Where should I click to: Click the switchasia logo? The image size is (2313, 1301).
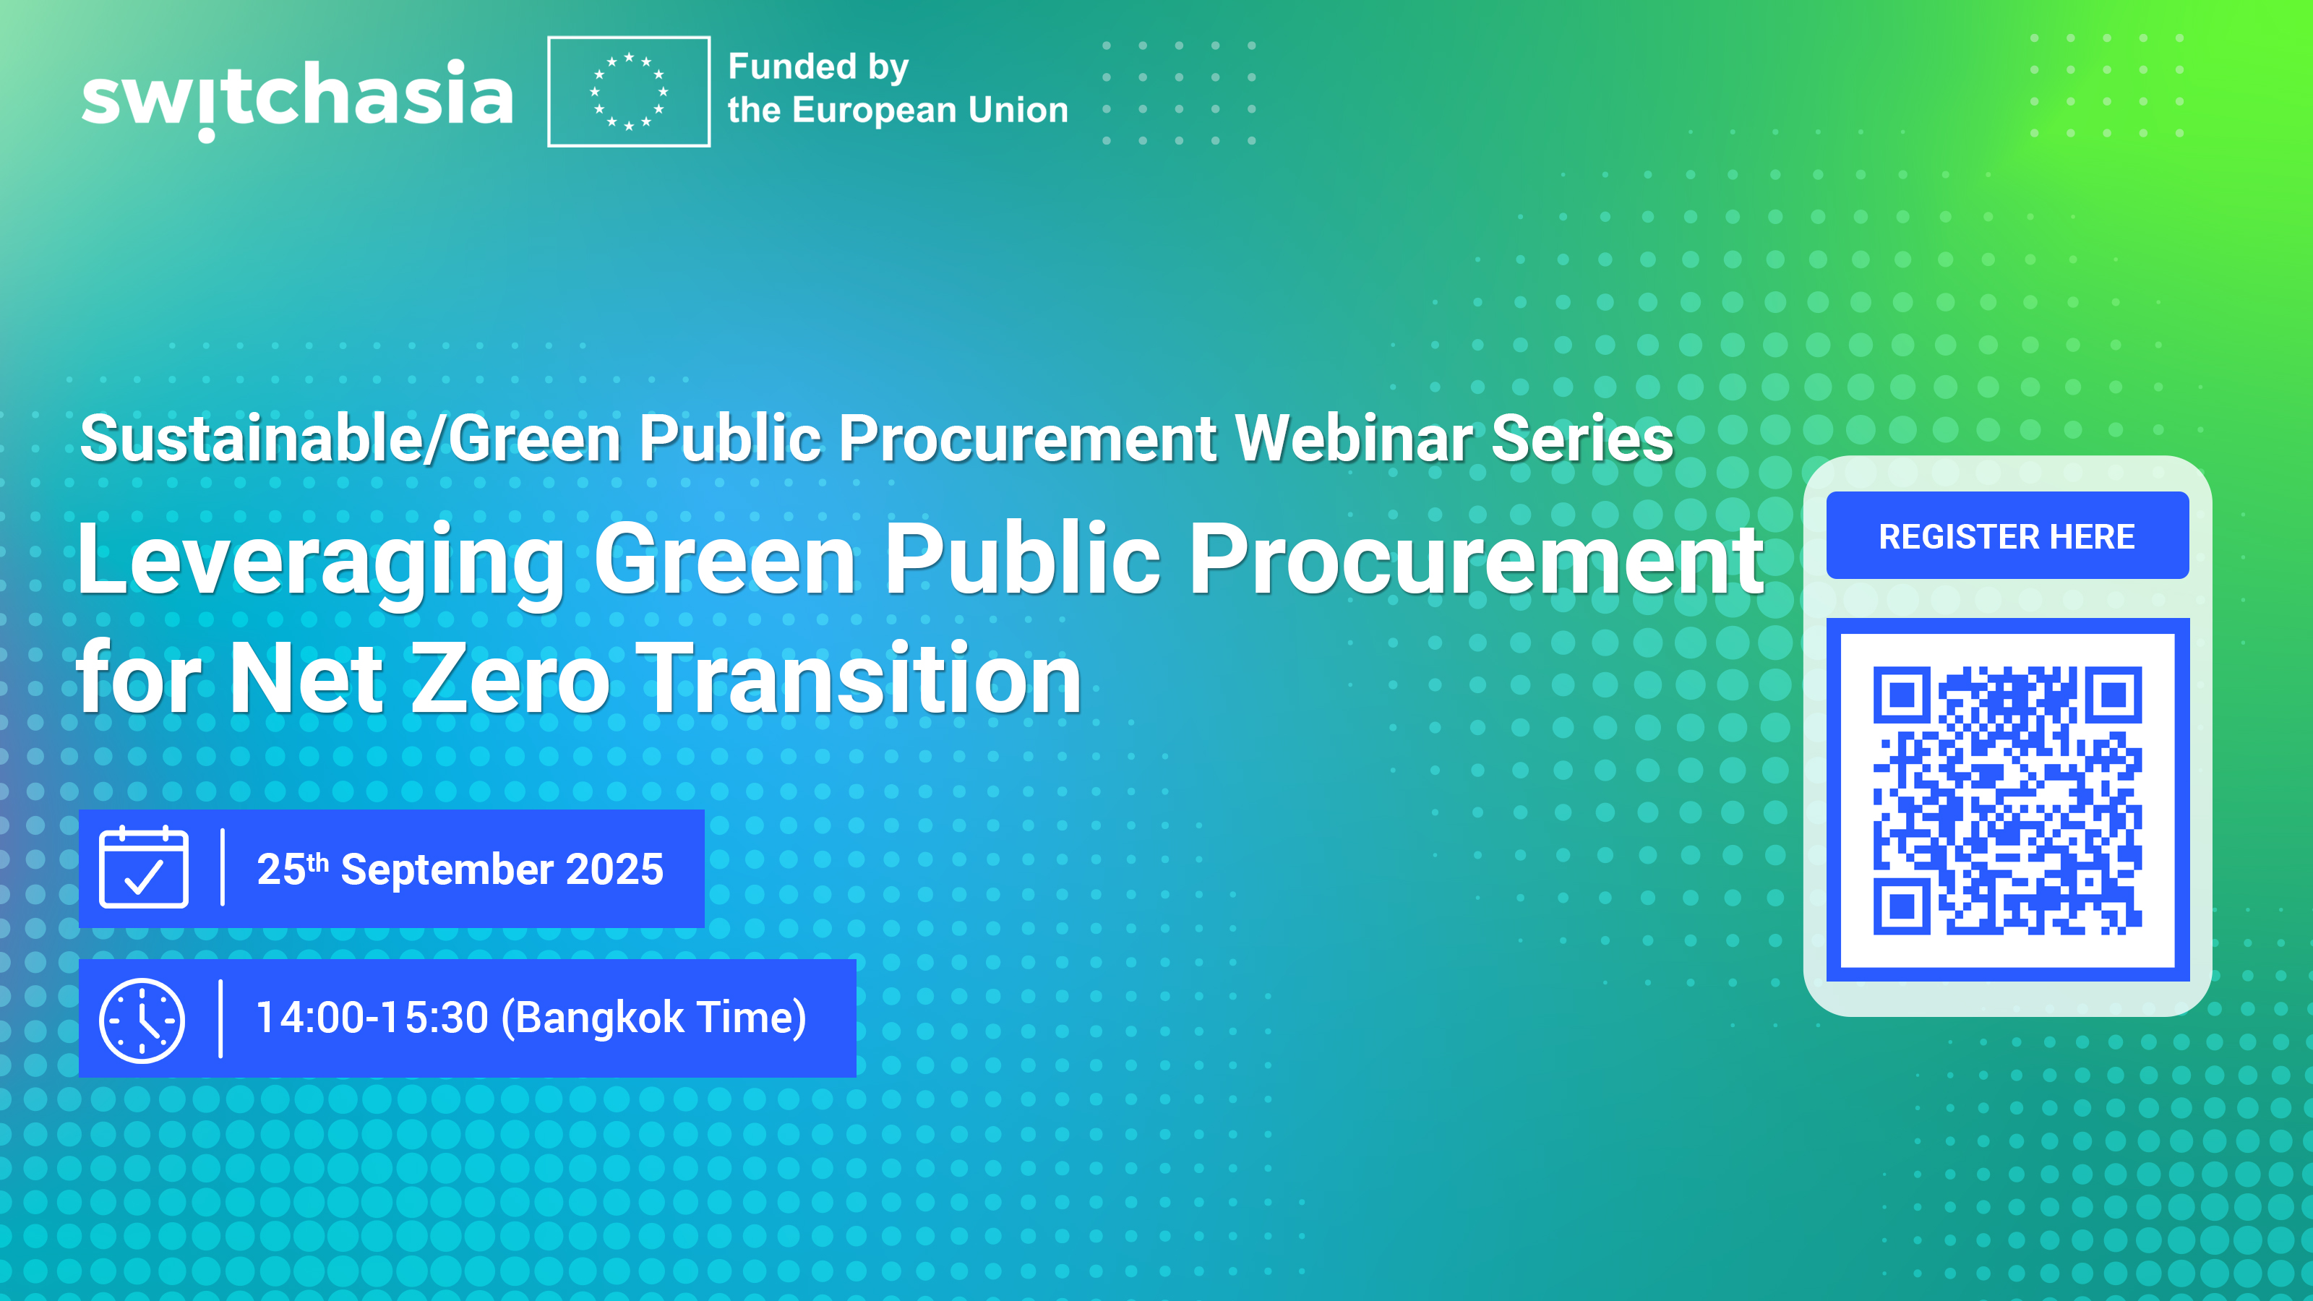297,97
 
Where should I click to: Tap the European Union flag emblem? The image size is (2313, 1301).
629,92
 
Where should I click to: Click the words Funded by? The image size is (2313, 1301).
818,67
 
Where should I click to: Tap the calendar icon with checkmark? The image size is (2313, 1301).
144,868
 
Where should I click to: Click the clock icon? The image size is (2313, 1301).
142,1020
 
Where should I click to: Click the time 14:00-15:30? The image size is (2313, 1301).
372,1018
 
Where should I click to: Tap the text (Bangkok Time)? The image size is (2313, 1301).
653,1018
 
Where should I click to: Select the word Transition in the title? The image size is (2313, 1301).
863,679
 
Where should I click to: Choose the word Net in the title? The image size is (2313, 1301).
306,679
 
